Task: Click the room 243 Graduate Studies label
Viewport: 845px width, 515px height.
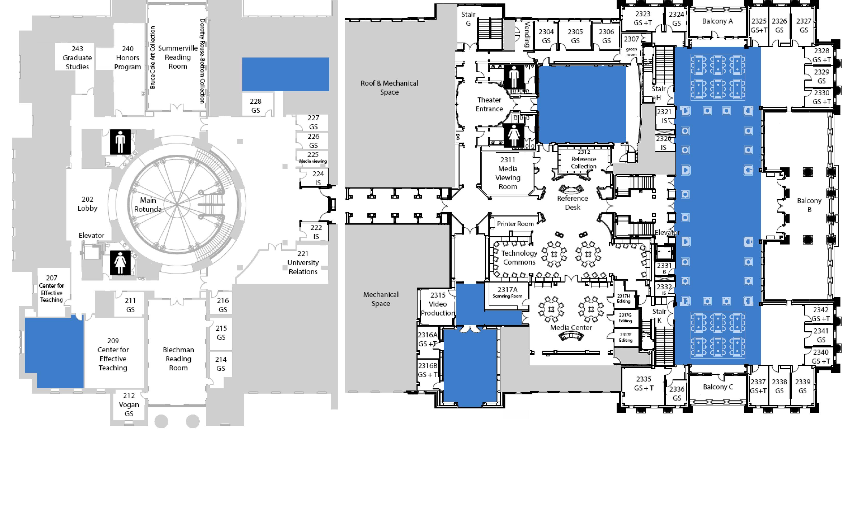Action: [x=77, y=57]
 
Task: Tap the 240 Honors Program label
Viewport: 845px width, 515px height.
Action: [x=128, y=57]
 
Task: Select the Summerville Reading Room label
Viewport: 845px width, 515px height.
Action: [x=178, y=57]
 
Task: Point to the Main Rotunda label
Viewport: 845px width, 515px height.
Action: [x=148, y=205]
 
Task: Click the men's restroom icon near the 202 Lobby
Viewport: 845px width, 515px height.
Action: [x=120, y=142]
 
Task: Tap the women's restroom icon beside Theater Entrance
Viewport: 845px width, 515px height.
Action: [x=513, y=135]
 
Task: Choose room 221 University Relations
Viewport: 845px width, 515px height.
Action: [x=303, y=263]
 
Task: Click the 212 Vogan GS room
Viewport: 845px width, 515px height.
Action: [x=129, y=405]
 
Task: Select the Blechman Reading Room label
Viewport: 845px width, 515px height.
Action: [x=178, y=359]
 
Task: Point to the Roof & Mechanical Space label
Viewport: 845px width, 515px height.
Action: [x=389, y=87]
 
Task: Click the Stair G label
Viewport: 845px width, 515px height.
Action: [x=468, y=19]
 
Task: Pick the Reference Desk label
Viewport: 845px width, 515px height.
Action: [x=572, y=203]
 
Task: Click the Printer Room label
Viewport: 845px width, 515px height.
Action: [x=515, y=223]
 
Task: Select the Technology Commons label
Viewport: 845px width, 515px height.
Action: [x=519, y=257]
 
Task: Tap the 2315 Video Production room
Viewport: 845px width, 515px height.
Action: [x=438, y=304]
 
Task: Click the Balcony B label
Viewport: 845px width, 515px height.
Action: [x=809, y=205]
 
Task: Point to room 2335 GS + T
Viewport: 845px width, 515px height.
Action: [x=644, y=383]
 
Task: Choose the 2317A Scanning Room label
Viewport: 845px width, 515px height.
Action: [x=507, y=292]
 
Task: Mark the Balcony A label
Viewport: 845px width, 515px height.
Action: [x=717, y=21]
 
